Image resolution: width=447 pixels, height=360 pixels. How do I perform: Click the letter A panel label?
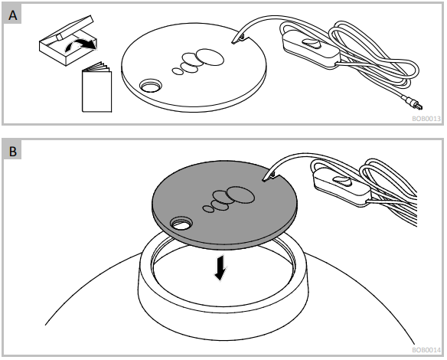pyautogui.click(x=12, y=15)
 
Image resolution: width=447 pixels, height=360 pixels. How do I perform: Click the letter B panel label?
pyautogui.click(x=13, y=151)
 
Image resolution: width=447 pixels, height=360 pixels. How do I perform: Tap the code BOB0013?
pyautogui.click(x=426, y=119)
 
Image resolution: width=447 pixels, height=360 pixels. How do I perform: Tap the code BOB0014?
pyautogui.click(x=426, y=350)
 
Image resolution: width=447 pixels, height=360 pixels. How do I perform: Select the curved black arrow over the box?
pyautogui.click(x=80, y=45)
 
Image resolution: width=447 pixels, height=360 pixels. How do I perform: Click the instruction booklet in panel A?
pyautogui.click(x=96, y=87)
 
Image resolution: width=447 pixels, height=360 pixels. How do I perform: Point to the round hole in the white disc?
pyautogui.click(x=151, y=85)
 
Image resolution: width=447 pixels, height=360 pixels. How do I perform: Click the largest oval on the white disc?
pyautogui.click(x=210, y=57)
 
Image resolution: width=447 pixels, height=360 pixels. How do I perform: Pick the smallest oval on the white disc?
pyautogui.click(x=178, y=71)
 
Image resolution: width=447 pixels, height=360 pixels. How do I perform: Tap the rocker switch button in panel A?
pyautogui.click(x=311, y=42)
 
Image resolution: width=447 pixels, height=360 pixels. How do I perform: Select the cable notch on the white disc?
pyautogui.click(x=241, y=38)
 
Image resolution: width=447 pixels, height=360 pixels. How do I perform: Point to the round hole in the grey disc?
pyautogui.click(x=181, y=224)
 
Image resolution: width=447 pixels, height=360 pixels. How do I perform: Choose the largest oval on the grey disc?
pyautogui.click(x=240, y=195)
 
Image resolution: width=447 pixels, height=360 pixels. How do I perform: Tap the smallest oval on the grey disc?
pyautogui.click(x=209, y=208)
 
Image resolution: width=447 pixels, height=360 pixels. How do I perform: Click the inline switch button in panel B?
pyautogui.click(x=341, y=181)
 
